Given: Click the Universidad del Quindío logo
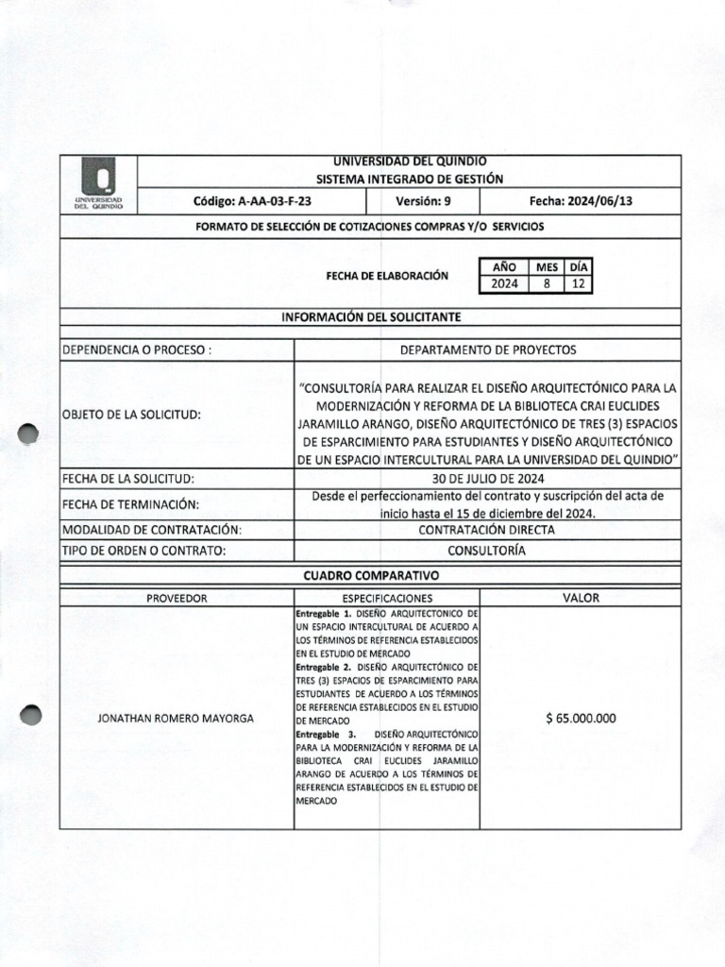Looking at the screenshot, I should tap(98, 185).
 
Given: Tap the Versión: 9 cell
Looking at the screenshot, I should tap(425, 202).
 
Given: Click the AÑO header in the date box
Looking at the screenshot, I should tap(503, 266).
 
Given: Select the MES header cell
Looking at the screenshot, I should tap(546, 266).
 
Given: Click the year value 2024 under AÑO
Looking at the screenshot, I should tap(503, 283).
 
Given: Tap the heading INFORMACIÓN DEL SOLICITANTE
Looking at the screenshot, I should tap(370, 316).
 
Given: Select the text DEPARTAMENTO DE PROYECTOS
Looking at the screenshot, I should tap(487, 349).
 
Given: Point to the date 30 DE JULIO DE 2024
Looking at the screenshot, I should tap(487, 479).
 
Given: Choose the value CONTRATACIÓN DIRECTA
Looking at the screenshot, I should tap(487, 530).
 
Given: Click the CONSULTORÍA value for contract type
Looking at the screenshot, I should tap(487, 551).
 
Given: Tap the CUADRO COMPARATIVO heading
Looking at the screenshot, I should tap(370, 575).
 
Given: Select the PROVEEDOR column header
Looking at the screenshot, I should tap(177, 598).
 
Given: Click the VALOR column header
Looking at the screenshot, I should tap(581, 598).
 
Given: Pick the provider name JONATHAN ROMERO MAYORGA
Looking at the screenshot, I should tap(177, 719).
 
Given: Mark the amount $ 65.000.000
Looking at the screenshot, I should tap(581, 719).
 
